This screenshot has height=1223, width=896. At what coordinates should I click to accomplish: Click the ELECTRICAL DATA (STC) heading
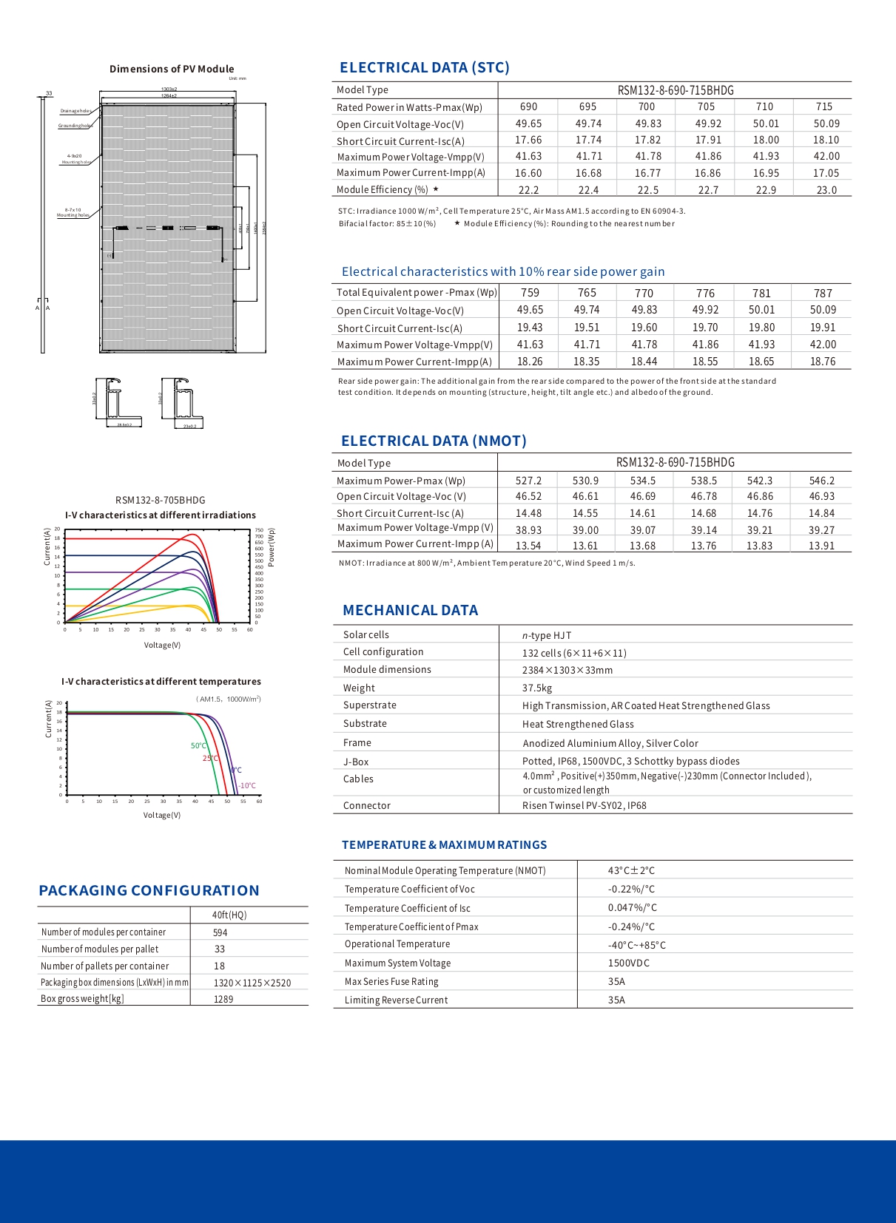[x=424, y=68]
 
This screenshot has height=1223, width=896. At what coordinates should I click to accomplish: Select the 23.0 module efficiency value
[x=826, y=190]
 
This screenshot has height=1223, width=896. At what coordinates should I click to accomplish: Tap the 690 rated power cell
[x=528, y=106]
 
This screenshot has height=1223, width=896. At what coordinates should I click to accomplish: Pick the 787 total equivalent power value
[x=823, y=293]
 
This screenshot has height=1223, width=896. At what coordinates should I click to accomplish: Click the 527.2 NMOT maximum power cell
[x=528, y=481]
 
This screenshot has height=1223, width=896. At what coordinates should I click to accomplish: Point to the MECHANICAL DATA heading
[x=410, y=611]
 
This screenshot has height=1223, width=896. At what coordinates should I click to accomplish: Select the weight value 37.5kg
[x=537, y=688]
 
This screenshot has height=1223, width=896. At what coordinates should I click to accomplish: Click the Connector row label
[x=366, y=805]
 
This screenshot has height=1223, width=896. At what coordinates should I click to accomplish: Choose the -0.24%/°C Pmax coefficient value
[x=631, y=926]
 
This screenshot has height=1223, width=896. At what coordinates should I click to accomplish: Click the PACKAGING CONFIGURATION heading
[x=149, y=891]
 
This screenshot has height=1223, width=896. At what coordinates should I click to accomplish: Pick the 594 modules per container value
[x=220, y=932]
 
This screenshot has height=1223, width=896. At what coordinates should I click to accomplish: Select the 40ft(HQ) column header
[x=229, y=915]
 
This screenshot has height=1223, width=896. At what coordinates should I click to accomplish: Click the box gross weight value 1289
[x=223, y=999]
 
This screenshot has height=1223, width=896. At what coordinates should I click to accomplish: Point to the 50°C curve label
[x=198, y=745]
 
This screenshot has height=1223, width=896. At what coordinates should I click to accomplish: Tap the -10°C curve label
[x=247, y=786]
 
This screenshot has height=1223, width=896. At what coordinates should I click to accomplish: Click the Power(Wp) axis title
[x=271, y=547]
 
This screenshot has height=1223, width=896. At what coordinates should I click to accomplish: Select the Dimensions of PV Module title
[x=172, y=69]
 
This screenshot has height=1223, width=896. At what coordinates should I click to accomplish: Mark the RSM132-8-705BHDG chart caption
[x=161, y=500]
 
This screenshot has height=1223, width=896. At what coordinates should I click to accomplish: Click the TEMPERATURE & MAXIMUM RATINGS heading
[x=444, y=845]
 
